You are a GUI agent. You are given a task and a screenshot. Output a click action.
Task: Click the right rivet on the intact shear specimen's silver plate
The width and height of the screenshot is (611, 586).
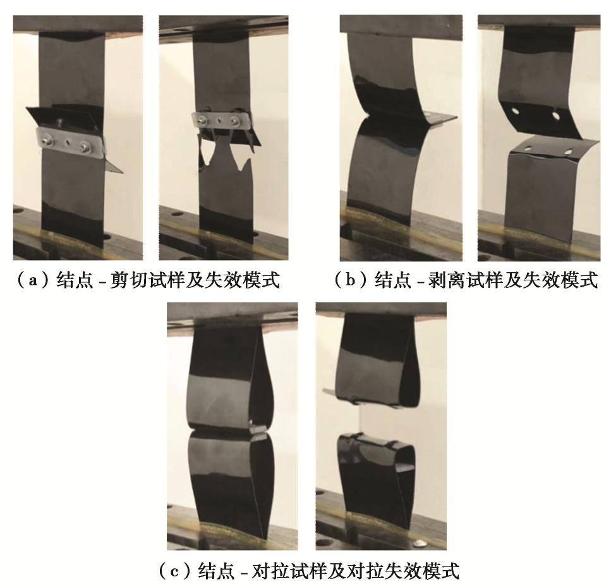85,147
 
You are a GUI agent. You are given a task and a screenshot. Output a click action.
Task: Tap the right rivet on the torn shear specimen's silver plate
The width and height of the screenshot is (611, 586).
236,121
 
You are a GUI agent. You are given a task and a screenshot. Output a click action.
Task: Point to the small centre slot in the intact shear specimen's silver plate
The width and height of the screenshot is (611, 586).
66,143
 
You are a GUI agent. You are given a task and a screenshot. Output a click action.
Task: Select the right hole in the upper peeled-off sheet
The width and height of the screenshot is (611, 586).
555,115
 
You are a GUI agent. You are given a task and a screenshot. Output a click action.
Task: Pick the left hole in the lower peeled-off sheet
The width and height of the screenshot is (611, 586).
528,148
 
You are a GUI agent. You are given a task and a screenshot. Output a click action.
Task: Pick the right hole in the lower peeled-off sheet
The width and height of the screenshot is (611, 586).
568,151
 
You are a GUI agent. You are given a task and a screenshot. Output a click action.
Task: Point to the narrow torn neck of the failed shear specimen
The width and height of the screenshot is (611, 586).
224,150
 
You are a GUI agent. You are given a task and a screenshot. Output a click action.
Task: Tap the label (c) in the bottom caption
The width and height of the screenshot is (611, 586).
174,571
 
